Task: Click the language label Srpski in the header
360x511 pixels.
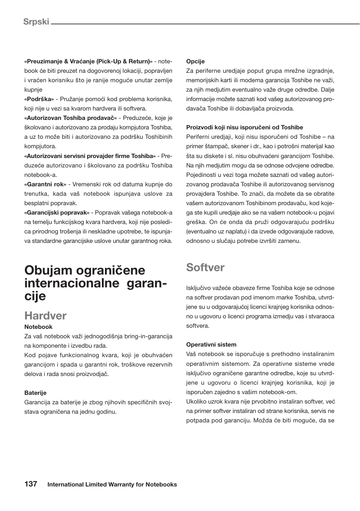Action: coord(36,21)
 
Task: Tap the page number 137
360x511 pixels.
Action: coord(31,484)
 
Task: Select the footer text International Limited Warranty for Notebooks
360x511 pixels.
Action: coord(112,485)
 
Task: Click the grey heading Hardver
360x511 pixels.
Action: coord(45,316)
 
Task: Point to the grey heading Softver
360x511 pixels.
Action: coord(205,267)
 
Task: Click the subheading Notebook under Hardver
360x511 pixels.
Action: coord(38,327)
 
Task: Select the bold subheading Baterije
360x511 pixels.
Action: coord(35,393)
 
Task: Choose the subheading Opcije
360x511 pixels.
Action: coord(195,61)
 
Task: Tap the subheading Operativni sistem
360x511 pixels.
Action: coord(211,345)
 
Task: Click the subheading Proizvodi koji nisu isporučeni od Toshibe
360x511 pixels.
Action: coord(245,127)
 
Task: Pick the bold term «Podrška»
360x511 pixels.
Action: coord(39,99)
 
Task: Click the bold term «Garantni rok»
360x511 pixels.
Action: coord(45,184)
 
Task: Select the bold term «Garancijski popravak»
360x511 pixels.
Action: coord(57,213)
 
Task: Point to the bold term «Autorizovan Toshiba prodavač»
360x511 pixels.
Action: coord(71,118)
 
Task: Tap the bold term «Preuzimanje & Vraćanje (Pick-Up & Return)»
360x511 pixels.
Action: coord(88,61)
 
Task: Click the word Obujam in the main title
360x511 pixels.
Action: coord(48,270)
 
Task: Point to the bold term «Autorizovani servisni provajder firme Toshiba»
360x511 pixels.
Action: coord(90,156)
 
